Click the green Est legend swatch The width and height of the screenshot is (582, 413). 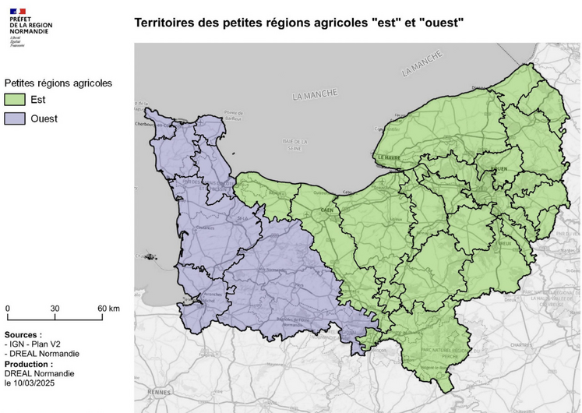[15, 100]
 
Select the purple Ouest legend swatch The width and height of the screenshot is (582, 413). [15, 118]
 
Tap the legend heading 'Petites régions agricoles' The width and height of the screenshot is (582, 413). [58, 83]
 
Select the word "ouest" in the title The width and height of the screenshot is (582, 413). [442, 23]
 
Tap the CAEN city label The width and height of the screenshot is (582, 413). [327, 210]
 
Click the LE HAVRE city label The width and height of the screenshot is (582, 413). [390, 157]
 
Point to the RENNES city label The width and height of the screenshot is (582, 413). [181, 391]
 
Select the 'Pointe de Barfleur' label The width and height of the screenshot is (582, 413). [235, 115]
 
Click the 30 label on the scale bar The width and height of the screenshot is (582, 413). [55, 309]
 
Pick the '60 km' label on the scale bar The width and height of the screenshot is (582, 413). [108, 309]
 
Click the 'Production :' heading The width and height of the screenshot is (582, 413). [30, 364]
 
